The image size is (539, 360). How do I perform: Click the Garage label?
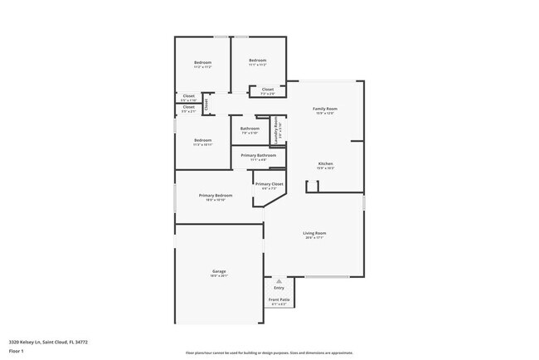[x=219, y=271]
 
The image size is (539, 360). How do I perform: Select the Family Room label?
[x=325, y=109]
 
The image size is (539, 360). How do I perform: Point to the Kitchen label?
[x=326, y=164]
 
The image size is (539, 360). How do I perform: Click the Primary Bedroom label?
[x=215, y=196]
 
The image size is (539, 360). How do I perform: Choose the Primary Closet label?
[x=269, y=184]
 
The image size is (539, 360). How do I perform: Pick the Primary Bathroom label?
[x=259, y=155]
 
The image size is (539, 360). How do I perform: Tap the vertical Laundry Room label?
[x=277, y=129]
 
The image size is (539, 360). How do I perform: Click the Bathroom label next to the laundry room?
[x=250, y=129]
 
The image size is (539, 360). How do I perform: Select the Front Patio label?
[x=279, y=299]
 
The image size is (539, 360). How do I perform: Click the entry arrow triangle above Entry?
[x=279, y=281]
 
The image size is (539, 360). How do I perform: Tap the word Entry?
[x=279, y=288]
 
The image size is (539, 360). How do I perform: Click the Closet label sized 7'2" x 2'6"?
[x=268, y=90]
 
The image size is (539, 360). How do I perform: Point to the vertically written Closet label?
[x=206, y=104]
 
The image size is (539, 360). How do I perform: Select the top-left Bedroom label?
[x=203, y=63]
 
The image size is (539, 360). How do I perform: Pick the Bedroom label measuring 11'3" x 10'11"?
[x=203, y=140]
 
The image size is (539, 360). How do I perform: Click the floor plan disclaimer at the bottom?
[x=269, y=353]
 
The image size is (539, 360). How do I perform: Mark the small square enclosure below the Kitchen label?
[x=312, y=187]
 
